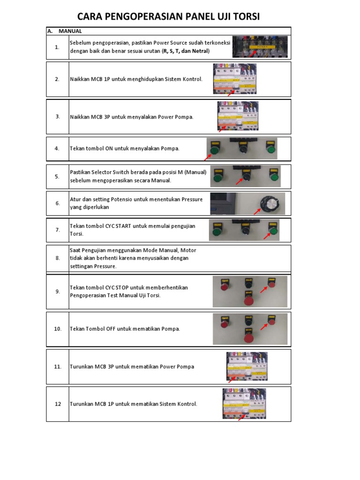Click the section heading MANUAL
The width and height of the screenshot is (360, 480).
pos(70,31)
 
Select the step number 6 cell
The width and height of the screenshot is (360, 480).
pos(57,203)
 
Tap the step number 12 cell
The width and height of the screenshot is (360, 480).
pos(58,404)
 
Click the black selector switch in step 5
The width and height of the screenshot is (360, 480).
pos(245,177)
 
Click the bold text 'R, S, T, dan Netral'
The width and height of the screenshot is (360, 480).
pos(186,51)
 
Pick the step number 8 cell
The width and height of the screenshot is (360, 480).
pos(57,258)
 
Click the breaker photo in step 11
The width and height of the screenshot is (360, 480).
pos(247,366)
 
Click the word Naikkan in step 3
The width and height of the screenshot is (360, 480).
pos(80,117)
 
